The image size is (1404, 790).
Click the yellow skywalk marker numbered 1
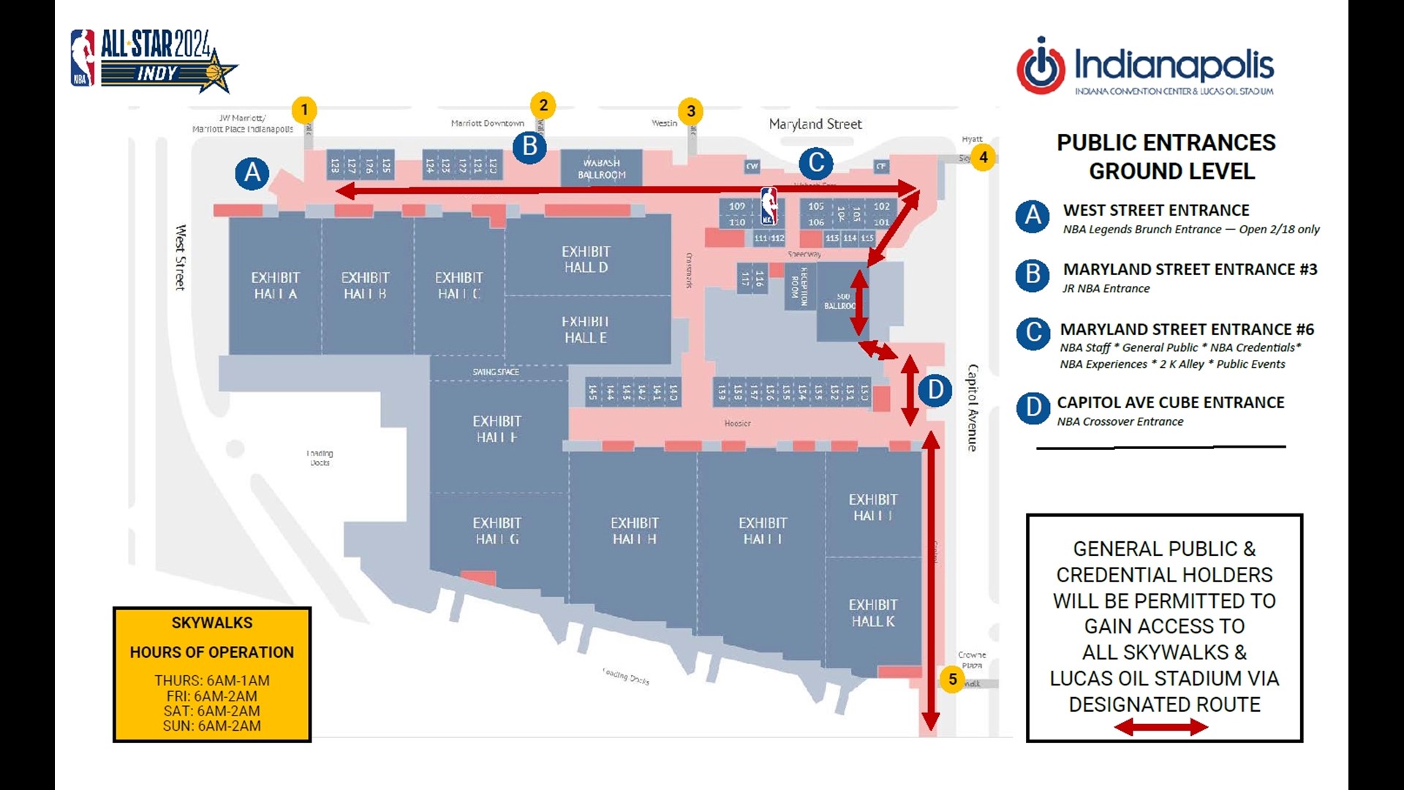pyautogui.click(x=304, y=110)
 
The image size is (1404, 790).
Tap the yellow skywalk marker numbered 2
pyautogui.click(x=543, y=105)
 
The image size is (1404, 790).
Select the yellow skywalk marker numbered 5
pyautogui.click(x=952, y=679)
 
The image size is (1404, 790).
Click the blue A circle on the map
pyautogui.click(x=252, y=173)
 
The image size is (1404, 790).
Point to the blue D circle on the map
pyautogui.click(x=935, y=390)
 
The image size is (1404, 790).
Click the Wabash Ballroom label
pyautogui.click(x=601, y=169)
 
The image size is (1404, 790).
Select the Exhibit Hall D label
pyautogui.click(x=586, y=259)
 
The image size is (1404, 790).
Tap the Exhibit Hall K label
pyautogui.click(x=872, y=613)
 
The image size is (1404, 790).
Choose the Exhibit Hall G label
pyautogui.click(x=497, y=531)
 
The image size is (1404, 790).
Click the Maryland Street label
pyautogui.click(x=815, y=124)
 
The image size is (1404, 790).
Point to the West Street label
pyautogui.click(x=181, y=257)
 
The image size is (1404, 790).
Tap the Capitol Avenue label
pyautogui.click(x=973, y=407)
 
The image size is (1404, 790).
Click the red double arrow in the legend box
pyautogui.click(x=1160, y=726)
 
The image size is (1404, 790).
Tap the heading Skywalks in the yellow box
pyautogui.click(x=212, y=622)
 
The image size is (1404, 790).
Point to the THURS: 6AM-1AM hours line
pyautogui.click(x=212, y=680)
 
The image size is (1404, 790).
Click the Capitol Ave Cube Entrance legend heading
pyautogui.click(x=1170, y=402)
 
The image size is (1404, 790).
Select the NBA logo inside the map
pyautogui.click(x=769, y=206)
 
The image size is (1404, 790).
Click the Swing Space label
pyautogui.click(x=496, y=372)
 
